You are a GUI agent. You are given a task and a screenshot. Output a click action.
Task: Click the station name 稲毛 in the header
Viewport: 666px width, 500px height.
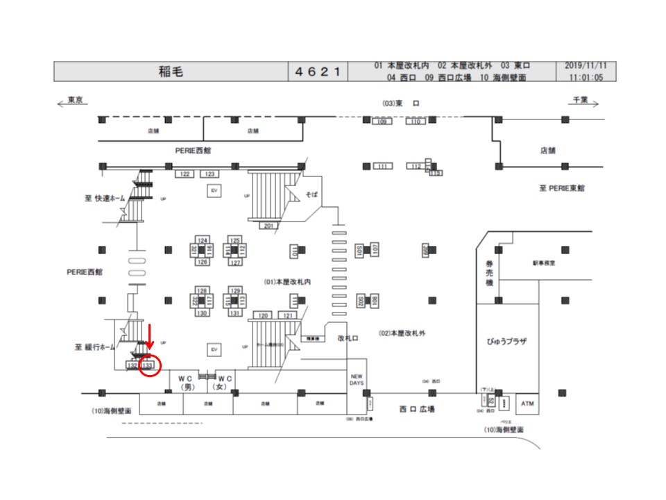(171, 72)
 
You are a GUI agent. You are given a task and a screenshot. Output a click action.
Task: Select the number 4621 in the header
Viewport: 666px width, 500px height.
(318, 72)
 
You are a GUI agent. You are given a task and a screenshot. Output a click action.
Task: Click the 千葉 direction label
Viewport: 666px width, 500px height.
(580, 101)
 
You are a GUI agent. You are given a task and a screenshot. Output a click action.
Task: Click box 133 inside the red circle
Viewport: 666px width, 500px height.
(147, 365)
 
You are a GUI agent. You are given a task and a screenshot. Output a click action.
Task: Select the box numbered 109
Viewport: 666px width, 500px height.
(381, 122)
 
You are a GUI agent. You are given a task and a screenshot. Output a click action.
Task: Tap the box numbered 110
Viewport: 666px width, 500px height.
(415, 122)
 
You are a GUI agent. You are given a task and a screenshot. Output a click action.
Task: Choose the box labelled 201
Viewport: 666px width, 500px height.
(268, 226)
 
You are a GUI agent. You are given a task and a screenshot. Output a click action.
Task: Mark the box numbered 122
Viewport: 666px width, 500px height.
(185, 174)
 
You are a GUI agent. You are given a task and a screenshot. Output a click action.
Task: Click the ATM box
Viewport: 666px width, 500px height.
(529, 403)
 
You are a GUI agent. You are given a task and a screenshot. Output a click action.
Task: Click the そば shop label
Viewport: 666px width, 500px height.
(311, 195)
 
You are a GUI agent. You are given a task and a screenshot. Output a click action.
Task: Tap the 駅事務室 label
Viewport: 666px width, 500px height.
(545, 264)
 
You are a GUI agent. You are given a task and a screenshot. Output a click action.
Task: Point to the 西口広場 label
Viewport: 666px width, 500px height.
(417, 410)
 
